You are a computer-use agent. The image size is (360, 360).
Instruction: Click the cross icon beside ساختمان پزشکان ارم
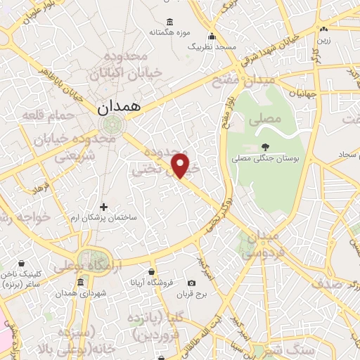click(104, 207)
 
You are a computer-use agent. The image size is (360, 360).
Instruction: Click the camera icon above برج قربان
click(192, 283)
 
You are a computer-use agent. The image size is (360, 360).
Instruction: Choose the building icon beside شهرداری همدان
click(80, 283)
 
